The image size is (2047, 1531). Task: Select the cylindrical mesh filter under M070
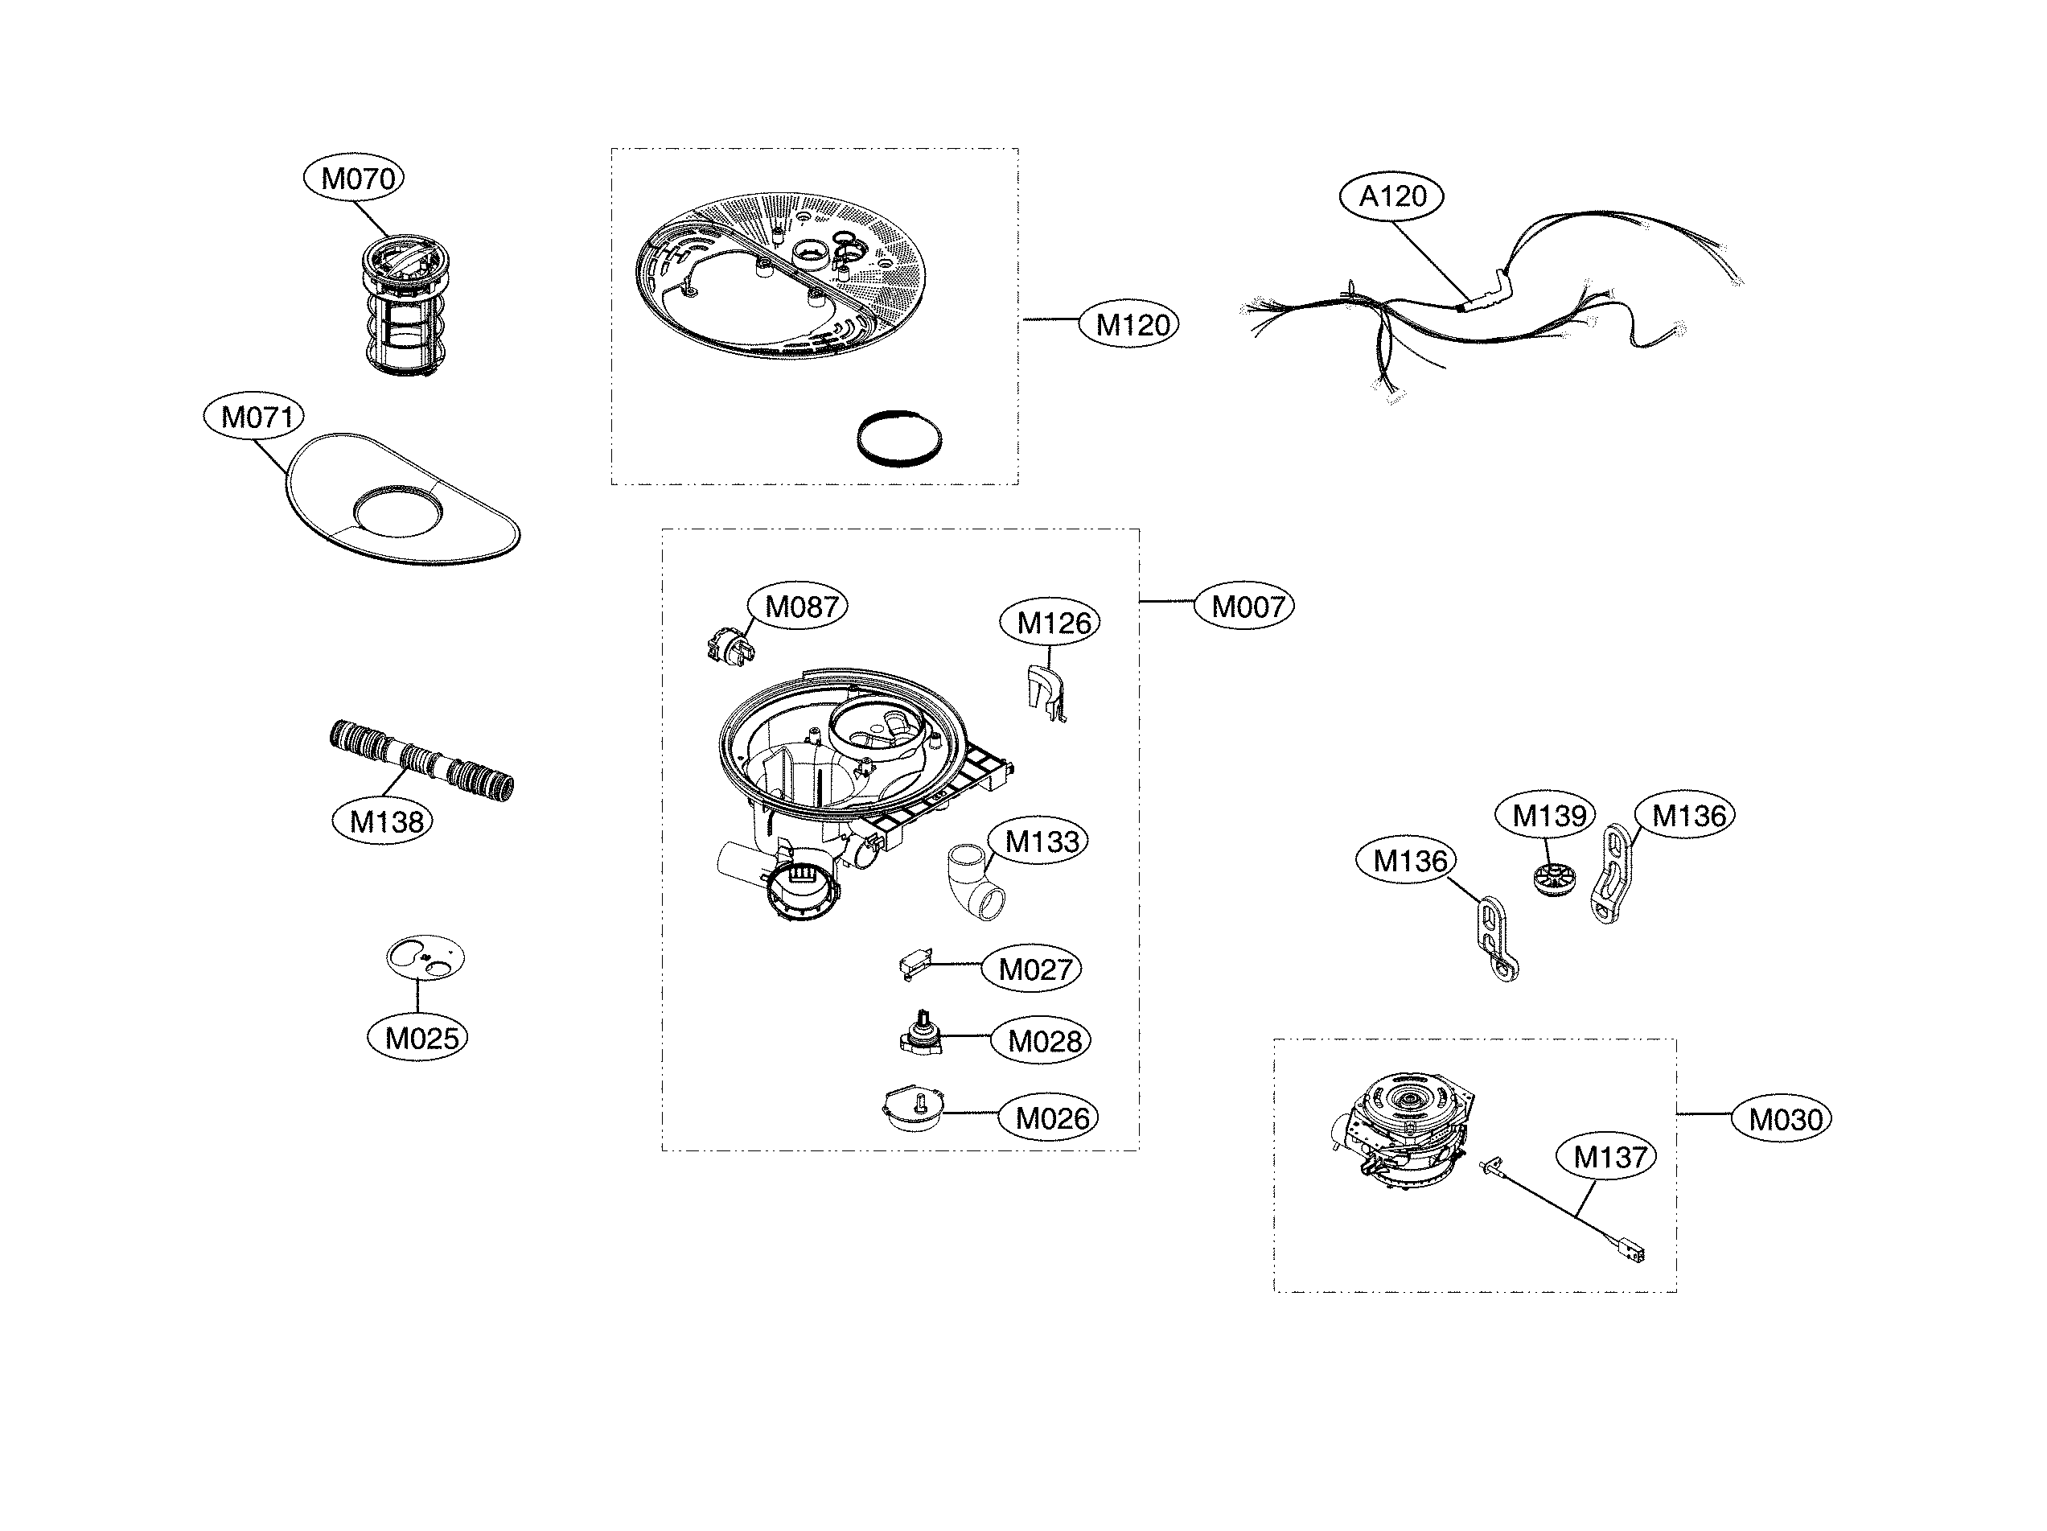400,306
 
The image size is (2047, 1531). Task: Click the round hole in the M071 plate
398,510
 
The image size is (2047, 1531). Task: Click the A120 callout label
1391,196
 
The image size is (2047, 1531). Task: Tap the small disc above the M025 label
425,957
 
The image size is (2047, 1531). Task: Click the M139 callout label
1547,816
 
